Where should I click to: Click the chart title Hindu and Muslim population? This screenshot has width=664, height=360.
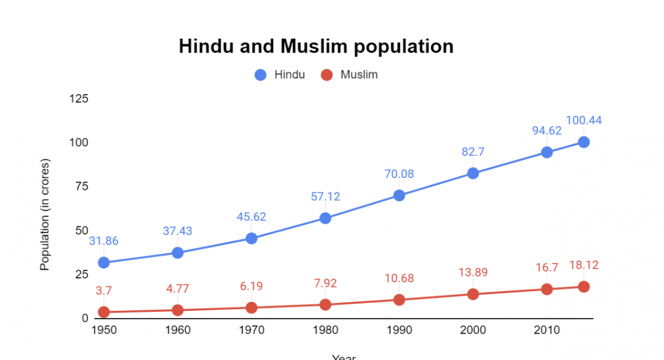[x=316, y=46]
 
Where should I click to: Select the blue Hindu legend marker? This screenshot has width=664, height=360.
[x=261, y=75]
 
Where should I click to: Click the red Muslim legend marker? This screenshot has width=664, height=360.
[x=327, y=75]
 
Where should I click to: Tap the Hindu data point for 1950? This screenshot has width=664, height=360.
[x=103, y=263]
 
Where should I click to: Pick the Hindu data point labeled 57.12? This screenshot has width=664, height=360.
[x=325, y=218]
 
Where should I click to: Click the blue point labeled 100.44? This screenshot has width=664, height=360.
[x=583, y=142]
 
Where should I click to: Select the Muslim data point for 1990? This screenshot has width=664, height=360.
[x=399, y=300]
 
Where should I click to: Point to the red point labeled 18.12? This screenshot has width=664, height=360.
[x=583, y=286]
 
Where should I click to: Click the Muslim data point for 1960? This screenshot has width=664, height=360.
[x=178, y=310]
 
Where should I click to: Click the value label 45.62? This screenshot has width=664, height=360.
[x=252, y=217]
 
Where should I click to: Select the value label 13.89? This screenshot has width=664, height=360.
[x=473, y=272]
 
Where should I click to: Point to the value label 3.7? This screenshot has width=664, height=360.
[x=103, y=290]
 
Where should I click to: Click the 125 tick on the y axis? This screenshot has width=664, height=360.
[x=78, y=98]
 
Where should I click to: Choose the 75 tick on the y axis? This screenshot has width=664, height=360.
[x=81, y=186]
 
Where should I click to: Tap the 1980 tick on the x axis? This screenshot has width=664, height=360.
[x=325, y=330]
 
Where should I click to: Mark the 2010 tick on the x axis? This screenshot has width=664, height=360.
[x=547, y=330]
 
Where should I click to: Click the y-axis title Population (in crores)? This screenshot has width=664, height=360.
[x=45, y=215]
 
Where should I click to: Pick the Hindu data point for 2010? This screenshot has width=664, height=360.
[x=547, y=152]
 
